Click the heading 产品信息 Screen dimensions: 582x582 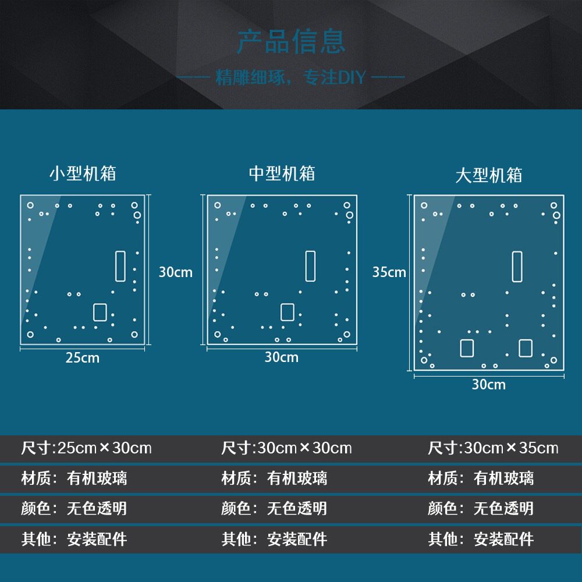291,42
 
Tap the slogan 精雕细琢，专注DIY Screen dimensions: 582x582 290,77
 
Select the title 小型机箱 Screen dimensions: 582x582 83,173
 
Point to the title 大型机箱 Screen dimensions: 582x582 488,175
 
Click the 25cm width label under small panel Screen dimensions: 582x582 82,358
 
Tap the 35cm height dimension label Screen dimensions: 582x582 389,272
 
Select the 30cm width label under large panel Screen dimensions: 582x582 488,384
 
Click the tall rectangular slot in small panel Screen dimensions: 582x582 120,266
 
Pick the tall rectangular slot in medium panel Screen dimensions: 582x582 310,266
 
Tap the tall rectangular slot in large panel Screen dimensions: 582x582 517,266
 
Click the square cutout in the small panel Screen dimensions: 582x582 100,312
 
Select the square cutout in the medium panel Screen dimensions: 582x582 287,312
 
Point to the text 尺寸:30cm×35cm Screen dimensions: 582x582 492,448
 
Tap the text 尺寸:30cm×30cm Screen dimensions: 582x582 286,448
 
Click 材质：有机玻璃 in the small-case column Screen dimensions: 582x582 74,478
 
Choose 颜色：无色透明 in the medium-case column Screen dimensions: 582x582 274,509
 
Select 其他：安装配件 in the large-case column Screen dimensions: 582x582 481,539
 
